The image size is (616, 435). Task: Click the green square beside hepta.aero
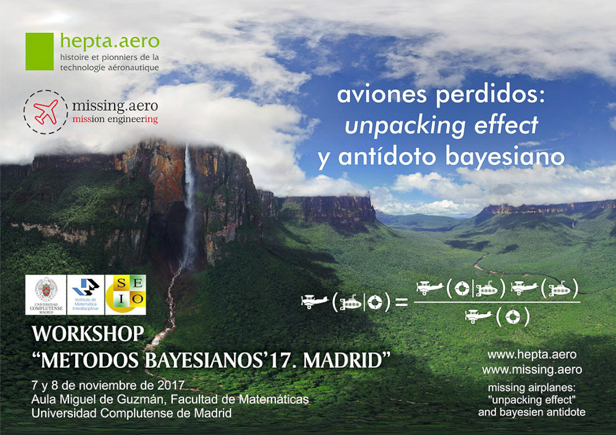(39, 51)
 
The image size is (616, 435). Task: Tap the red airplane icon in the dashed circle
(45, 112)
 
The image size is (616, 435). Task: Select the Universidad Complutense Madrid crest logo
(46, 295)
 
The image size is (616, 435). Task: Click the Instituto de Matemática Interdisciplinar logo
(85, 295)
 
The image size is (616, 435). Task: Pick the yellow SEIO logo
(126, 295)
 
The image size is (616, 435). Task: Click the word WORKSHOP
(88, 334)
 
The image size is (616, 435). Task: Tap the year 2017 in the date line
(171, 385)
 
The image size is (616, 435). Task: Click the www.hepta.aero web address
(532, 355)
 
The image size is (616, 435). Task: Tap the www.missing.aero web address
(532, 370)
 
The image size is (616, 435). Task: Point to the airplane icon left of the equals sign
(314, 301)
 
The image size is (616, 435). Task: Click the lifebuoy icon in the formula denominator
(512, 317)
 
